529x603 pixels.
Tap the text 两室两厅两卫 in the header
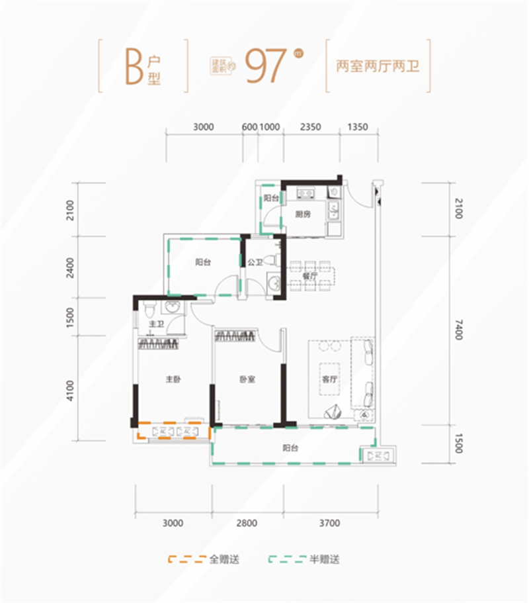click(379, 67)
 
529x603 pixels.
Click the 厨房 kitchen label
click(304, 214)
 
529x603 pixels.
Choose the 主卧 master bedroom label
click(173, 380)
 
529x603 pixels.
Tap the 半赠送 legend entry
click(324, 560)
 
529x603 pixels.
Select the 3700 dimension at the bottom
click(329, 523)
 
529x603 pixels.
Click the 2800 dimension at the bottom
click(246, 523)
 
